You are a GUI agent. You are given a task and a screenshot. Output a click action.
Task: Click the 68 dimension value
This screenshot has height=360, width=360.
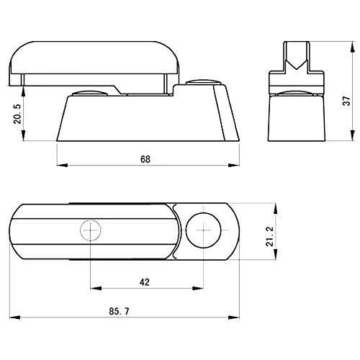pos(145,159)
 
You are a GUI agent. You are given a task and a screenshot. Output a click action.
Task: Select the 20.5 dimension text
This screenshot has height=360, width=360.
pos(17,114)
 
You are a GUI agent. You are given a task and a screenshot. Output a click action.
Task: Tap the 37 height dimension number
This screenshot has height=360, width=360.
pos(346,101)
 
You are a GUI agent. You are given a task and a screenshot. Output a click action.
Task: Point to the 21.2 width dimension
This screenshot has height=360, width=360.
pos(270,236)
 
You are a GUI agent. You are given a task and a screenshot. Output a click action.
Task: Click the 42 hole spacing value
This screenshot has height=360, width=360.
pos(145,282)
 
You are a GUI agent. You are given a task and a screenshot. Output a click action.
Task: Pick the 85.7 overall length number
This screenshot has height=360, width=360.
pos(119,312)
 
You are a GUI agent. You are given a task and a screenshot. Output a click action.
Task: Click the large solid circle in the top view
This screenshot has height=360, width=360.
pos(203,230)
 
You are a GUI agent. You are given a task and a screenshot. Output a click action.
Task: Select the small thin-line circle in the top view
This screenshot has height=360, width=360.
pos(91,230)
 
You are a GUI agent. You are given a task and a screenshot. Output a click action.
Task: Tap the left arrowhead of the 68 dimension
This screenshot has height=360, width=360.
pos(62,165)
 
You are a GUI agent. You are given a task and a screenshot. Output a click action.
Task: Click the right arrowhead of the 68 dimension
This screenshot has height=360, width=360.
pos(234,165)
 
